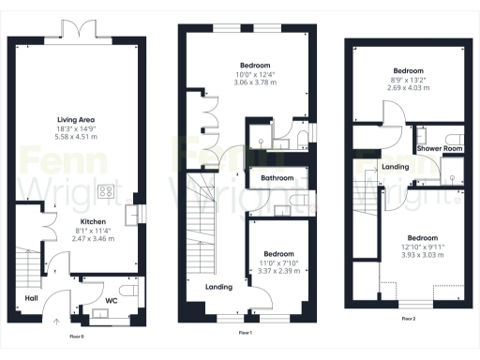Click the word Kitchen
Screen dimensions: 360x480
(78, 222)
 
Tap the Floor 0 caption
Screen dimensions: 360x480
(77, 335)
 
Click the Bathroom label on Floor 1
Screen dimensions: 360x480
(277, 178)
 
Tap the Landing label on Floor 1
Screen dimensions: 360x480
(218, 285)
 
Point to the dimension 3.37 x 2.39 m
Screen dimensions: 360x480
(278, 271)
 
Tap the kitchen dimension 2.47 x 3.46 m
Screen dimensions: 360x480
(78, 239)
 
